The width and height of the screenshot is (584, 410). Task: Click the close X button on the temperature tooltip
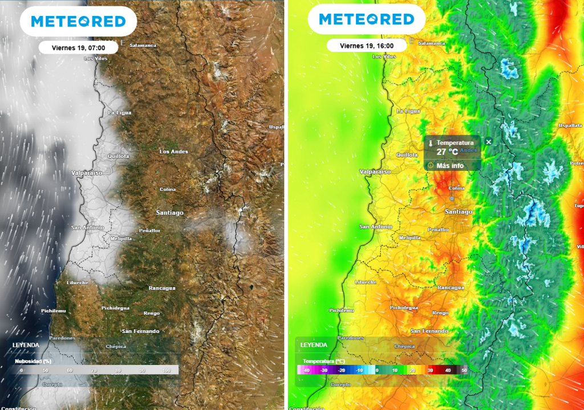coord(488,141)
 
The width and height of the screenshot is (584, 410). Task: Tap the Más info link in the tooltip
coord(450,166)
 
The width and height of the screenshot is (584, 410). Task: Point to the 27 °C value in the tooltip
coord(448,151)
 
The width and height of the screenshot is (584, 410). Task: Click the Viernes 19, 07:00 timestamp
coord(78,48)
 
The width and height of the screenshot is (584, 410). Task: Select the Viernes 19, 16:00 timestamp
coord(366,46)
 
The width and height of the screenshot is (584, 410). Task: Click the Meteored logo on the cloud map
coord(78,22)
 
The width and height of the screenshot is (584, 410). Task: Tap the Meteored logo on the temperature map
coord(366,19)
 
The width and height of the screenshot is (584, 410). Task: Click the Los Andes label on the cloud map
coord(173,151)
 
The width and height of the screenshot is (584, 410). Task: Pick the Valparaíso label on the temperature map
coord(375,171)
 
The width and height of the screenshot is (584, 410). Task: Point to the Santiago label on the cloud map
coord(170,212)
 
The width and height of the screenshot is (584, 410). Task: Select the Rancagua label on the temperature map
coord(451,288)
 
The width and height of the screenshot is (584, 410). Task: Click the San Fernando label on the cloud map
coord(140,331)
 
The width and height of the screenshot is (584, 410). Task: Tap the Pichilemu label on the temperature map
coord(342,310)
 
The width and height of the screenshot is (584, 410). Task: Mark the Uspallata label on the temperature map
coord(570,125)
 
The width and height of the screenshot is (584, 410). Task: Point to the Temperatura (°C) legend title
coord(323,361)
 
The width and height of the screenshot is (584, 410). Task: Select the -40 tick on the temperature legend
coord(306,371)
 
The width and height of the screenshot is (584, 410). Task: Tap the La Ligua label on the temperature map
coord(408,111)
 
